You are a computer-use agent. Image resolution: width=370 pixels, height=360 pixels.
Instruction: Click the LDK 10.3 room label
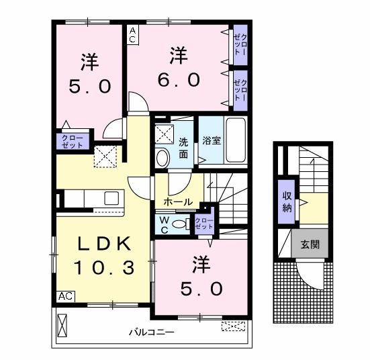[x=104, y=256]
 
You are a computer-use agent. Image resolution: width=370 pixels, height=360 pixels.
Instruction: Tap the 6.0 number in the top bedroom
[x=179, y=80]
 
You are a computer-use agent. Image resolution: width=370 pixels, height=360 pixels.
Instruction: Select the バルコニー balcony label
[x=152, y=332]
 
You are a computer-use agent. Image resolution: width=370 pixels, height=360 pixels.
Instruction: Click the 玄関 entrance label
[x=310, y=244]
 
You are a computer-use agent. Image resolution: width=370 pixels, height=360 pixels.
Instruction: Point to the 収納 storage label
[x=287, y=202]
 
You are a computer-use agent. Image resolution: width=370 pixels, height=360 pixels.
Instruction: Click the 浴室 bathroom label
[x=212, y=140]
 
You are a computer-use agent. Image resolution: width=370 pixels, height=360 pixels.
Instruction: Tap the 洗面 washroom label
[x=183, y=148]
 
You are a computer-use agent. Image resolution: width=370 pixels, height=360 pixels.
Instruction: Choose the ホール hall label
[x=178, y=202]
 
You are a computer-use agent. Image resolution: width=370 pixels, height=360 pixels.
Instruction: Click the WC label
[x=164, y=225]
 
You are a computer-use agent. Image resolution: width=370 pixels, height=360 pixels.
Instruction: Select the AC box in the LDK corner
[x=66, y=296]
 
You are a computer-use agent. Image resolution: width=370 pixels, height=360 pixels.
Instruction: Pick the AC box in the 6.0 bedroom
[x=132, y=35]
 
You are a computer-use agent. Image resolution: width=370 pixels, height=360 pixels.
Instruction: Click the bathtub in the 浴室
[x=236, y=140]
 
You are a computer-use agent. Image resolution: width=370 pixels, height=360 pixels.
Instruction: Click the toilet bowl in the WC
[x=179, y=224]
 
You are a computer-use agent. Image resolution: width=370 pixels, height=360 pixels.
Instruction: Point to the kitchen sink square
[x=111, y=198]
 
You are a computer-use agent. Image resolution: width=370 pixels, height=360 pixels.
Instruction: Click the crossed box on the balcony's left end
[x=62, y=325]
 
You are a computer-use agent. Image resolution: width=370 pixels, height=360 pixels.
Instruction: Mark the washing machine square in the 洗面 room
[x=165, y=134]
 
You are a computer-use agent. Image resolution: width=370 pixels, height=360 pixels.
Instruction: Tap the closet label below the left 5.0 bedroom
[x=73, y=142]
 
